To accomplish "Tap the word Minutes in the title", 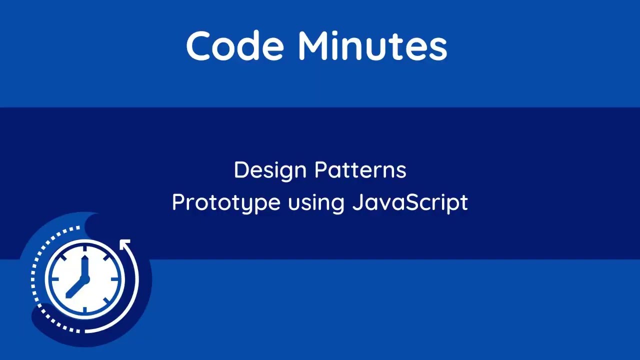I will pos(372,46).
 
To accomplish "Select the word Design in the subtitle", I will pos(269,170).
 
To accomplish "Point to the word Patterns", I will pos(360,170).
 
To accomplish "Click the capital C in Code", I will pos(199,46).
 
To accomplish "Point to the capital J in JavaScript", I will pos(358,202).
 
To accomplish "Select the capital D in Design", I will pos(241,170).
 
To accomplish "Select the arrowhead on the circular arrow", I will pos(125,244).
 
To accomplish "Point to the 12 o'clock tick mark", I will pos(84,248).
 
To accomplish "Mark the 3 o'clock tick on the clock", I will pos(116,279).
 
